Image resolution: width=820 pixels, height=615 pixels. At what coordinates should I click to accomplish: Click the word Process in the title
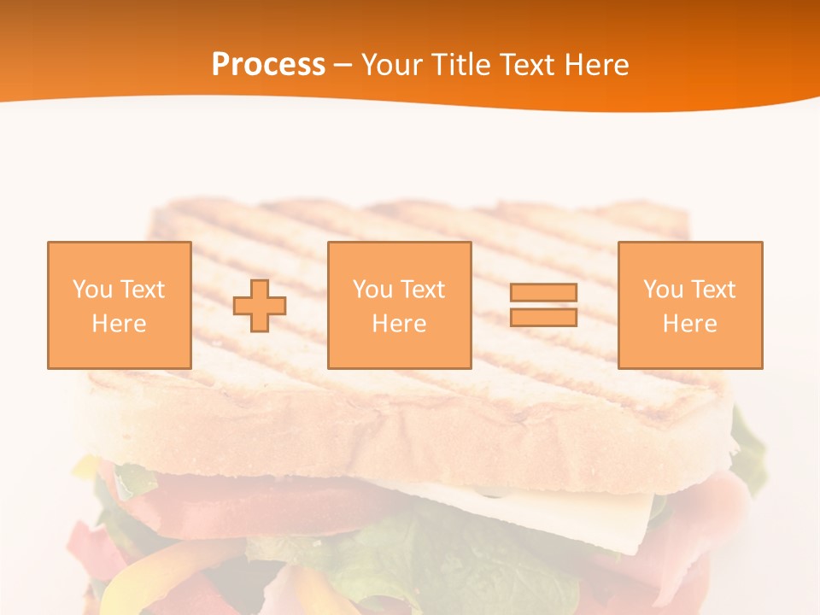coord(268,65)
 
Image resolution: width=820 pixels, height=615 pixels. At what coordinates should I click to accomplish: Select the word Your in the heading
coord(389,65)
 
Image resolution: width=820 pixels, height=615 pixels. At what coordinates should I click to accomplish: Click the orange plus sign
coord(260,306)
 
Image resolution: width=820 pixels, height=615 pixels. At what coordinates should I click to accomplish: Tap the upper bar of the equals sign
coord(543,292)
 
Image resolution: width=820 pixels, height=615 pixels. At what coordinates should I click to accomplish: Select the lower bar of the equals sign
coord(543,317)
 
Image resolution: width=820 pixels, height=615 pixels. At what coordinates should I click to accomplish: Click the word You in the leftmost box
coord(91,290)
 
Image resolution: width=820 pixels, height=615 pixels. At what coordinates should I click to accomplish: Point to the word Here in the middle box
coord(400,324)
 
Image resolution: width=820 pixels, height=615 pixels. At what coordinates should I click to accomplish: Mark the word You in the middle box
coord(372,290)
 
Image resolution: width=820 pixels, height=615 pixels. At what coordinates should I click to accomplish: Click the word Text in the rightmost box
coord(712,290)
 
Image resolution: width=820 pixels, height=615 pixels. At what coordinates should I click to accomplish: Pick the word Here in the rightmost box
coord(690,324)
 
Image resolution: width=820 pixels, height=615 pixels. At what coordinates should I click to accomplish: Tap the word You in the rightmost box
coord(662,290)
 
